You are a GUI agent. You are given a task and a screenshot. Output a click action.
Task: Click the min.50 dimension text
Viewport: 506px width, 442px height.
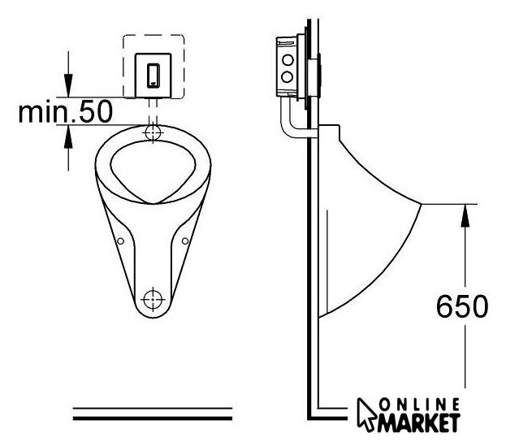(x=66, y=111)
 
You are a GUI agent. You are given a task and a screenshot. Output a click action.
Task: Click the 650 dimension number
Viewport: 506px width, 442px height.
(x=462, y=306)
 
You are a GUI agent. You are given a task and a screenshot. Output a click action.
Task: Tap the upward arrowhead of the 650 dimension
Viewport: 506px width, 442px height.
(x=465, y=215)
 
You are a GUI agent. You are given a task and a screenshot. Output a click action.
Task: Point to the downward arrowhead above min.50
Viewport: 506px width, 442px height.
(x=68, y=85)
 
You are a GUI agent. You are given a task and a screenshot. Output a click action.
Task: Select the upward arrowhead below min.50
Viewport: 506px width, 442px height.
(x=68, y=136)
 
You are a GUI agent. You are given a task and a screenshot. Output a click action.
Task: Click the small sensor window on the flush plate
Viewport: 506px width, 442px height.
(x=154, y=76)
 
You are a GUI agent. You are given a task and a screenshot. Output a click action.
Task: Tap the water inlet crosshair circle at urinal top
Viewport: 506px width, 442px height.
(x=153, y=132)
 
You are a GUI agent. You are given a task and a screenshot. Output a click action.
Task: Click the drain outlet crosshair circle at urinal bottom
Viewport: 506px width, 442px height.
(x=154, y=299)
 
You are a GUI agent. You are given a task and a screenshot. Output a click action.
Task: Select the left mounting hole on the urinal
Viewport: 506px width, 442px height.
(x=120, y=240)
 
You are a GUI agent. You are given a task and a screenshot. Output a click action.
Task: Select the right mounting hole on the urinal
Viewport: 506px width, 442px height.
(x=185, y=240)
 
